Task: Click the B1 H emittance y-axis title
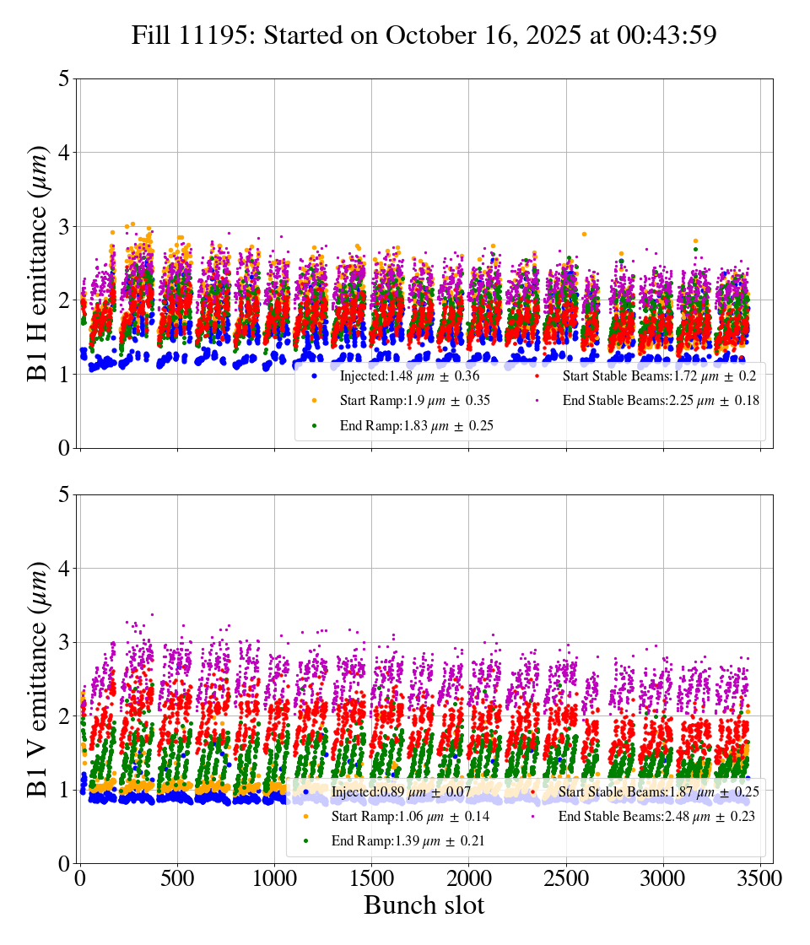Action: click(38, 263)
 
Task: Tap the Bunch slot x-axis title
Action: click(424, 905)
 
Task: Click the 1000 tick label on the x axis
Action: click(274, 878)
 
